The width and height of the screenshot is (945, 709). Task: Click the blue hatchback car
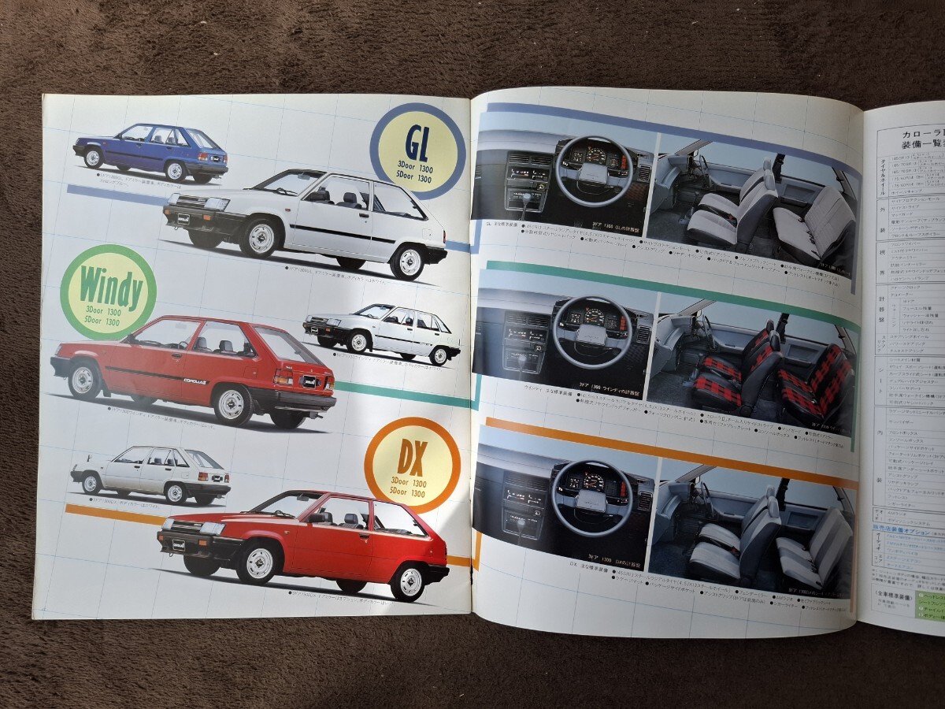[x=150, y=151]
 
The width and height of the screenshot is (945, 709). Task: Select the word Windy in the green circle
[x=107, y=290]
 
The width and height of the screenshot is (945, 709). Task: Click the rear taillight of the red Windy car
[x=283, y=377]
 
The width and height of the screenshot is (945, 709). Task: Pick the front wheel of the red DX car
[x=259, y=562]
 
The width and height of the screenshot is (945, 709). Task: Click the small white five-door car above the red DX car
[x=151, y=473]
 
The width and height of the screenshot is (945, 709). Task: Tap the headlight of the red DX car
[x=212, y=529]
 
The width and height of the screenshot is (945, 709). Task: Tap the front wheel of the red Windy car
[x=85, y=380]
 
